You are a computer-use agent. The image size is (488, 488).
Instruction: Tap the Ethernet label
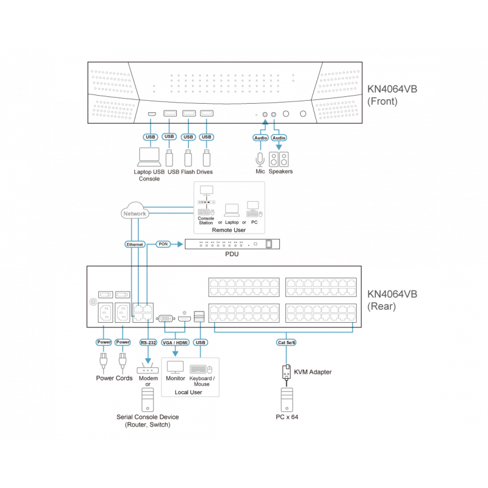point(135,244)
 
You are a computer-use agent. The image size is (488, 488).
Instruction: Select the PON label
point(163,244)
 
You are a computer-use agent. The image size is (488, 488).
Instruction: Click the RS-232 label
point(149,342)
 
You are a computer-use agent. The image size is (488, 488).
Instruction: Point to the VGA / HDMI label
point(176,342)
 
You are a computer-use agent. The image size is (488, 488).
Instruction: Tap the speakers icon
point(280,159)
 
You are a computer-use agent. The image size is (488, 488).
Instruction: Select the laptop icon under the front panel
point(149,157)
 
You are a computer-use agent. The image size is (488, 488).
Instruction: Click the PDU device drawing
point(232,244)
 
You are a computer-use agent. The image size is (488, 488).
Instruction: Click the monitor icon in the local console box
point(176,367)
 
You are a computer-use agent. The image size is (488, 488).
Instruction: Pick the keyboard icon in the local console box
point(201,368)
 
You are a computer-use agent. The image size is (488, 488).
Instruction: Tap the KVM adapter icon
point(285,371)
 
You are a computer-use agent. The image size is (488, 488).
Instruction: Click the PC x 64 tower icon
point(285,401)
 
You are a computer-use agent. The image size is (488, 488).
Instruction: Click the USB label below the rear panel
point(200,342)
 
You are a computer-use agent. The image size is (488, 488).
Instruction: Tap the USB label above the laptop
point(149,137)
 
